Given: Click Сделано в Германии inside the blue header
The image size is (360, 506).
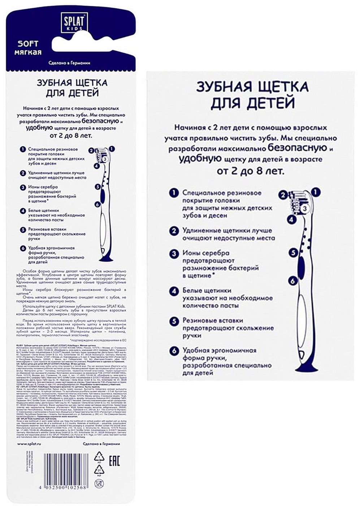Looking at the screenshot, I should [x=69, y=63].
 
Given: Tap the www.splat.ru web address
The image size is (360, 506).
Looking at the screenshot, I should [x=30, y=444].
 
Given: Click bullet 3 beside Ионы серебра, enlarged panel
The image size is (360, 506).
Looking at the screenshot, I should [x=174, y=253].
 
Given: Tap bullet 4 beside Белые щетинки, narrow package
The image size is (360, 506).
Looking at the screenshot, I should [x=23, y=210].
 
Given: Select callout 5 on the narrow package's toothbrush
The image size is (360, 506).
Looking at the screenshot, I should [x=97, y=186].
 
